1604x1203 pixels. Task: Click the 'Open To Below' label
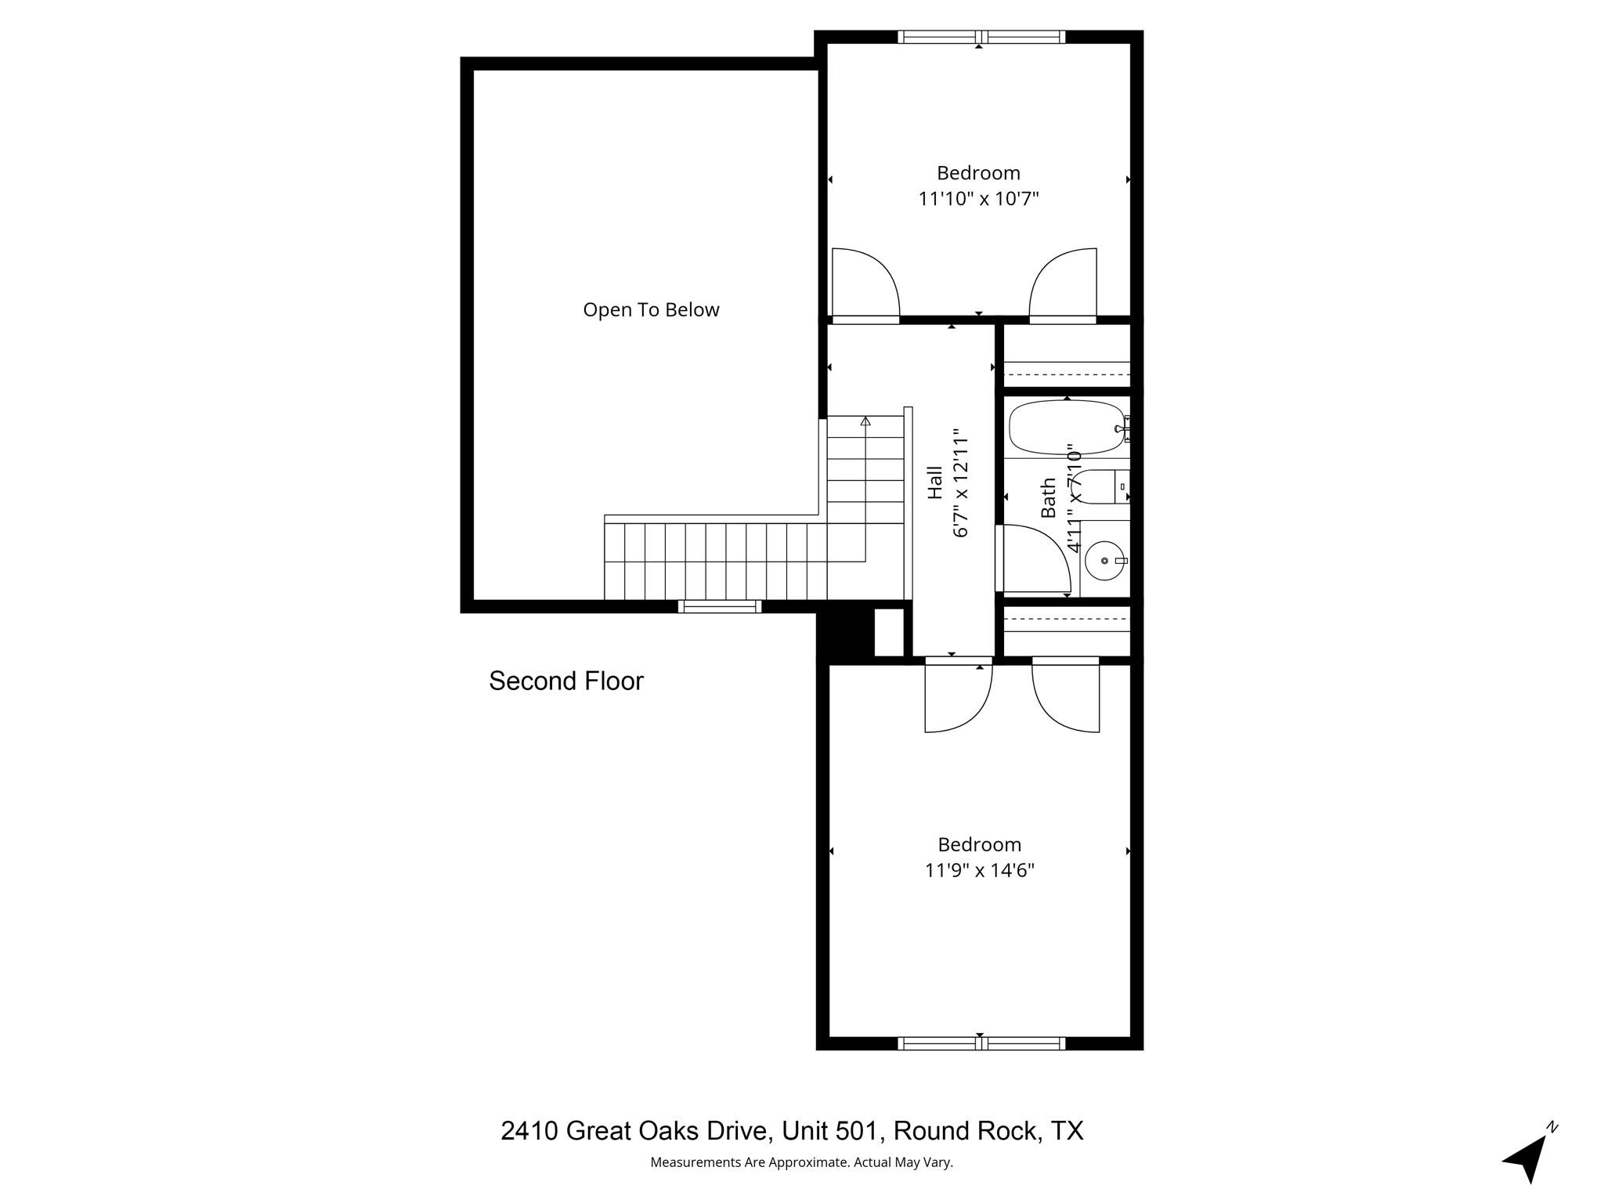(651, 310)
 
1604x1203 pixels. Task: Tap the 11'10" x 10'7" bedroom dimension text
(978, 199)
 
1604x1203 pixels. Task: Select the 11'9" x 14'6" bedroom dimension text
(979, 870)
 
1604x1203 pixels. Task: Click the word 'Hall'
(935, 482)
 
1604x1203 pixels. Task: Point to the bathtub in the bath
(1066, 428)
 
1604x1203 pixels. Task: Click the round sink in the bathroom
(1105, 561)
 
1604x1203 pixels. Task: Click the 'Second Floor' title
(565, 681)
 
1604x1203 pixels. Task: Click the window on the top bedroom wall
(981, 37)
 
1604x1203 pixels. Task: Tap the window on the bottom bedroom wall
(981, 1043)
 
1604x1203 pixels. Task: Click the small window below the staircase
(719, 606)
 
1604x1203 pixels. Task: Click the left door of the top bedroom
(865, 284)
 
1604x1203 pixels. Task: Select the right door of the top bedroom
(1063, 284)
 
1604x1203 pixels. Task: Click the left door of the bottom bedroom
(958, 695)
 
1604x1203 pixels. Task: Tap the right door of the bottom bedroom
(1066, 695)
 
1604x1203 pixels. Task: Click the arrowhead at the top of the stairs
(865, 421)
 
